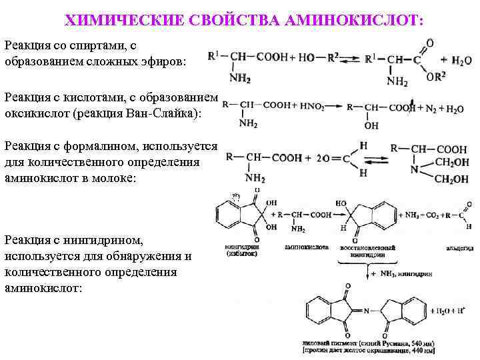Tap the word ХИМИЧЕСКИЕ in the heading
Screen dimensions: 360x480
click(115, 20)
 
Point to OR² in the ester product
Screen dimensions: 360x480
click(436, 77)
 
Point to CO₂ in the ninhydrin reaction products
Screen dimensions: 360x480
click(427, 215)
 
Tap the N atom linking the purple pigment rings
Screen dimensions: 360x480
click(358, 311)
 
